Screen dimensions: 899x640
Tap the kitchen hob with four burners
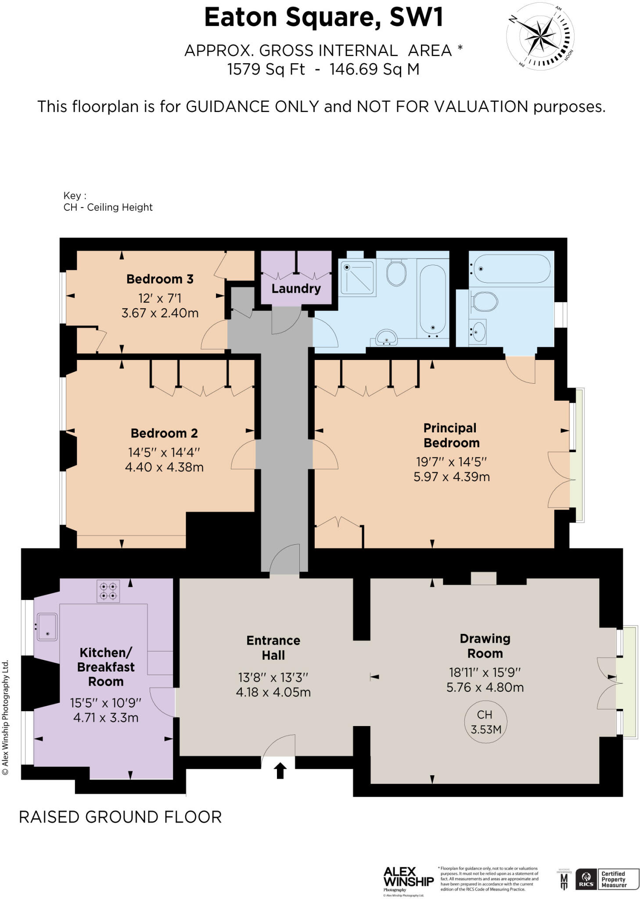click(108, 591)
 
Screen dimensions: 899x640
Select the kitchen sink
click(47, 626)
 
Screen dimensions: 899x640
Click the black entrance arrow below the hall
click(280, 771)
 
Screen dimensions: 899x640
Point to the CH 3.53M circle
click(485, 722)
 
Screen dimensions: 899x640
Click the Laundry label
click(296, 288)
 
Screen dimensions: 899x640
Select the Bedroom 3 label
click(160, 279)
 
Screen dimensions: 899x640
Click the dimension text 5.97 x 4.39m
click(451, 477)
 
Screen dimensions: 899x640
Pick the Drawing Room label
click(485, 646)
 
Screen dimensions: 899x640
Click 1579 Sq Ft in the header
click(266, 69)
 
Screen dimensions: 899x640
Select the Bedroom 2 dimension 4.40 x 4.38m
click(164, 467)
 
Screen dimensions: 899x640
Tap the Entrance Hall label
click(273, 647)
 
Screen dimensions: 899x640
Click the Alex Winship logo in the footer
click(408, 878)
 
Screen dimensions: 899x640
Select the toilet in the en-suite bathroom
click(485, 302)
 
